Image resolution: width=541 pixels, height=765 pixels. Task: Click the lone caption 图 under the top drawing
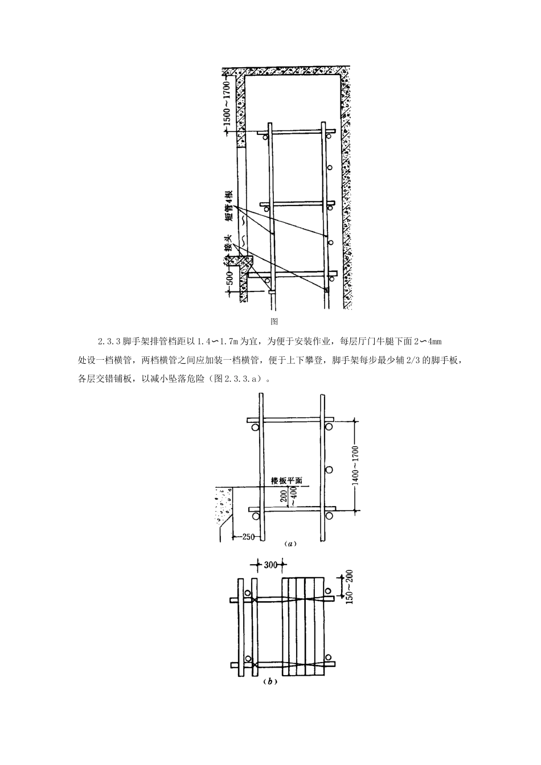(x=273, y=322)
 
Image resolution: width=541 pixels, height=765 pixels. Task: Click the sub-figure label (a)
(x=290, y=544)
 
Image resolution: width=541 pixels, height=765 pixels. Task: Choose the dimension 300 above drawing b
(x=270, y=565)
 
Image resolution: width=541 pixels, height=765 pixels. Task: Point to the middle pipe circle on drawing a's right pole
(x=329, y=470)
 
